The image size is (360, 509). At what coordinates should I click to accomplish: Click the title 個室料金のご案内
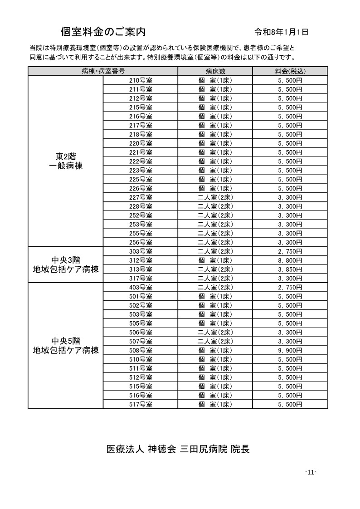[103, 31]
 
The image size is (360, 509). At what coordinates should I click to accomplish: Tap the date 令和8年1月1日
[282, 32]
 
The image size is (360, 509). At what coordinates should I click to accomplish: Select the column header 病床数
[215, 71]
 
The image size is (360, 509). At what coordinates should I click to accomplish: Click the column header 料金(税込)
[290, 71]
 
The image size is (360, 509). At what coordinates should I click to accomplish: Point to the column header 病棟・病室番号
[103, 71]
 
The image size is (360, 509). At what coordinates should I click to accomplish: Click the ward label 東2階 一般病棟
[66, 161]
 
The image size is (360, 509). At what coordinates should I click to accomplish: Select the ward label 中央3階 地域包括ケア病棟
[66, 264]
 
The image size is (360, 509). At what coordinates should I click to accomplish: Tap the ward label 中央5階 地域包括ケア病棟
[66, 346]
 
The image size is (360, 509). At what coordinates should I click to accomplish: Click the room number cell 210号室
[141, 80]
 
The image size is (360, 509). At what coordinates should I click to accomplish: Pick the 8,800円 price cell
[290, 260]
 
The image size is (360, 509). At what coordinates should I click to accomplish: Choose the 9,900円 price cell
[290, 350]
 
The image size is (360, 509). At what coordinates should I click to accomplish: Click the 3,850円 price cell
[290, 269]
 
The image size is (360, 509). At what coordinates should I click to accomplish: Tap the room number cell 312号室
[141, 260]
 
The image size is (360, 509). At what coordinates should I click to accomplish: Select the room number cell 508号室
[141, 350]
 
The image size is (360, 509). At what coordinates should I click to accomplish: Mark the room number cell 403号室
[141, 287]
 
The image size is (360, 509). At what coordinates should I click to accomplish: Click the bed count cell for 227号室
[215, 197]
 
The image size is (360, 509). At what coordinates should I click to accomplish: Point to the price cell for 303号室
[290, 251]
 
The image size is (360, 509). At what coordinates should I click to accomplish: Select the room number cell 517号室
[141, 404]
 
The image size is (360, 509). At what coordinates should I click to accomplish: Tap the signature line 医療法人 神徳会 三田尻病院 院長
[178, 449]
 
